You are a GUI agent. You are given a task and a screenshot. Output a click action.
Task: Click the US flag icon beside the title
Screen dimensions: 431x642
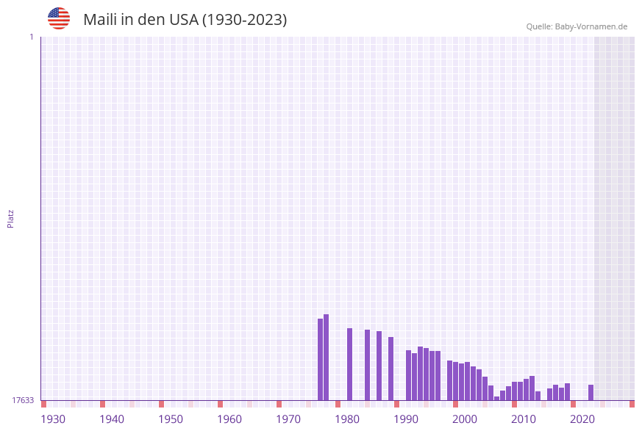point(59,18)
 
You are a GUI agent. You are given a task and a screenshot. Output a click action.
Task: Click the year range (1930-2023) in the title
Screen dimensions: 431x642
point(244,20)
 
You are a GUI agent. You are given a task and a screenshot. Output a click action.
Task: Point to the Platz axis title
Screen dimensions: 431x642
point(11,218)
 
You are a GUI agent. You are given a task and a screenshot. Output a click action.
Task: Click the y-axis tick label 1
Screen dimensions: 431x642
point(31,37)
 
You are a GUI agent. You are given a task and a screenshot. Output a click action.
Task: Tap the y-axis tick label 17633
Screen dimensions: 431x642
point(23,400)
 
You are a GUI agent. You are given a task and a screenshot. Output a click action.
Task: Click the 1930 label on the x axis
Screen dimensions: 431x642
point(53,419)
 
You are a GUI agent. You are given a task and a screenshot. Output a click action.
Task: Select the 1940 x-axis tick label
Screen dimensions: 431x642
point(112,419)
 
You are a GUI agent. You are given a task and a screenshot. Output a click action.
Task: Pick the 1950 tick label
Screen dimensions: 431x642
point(171,419)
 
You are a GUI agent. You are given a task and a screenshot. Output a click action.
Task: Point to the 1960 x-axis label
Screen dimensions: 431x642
point(229,419)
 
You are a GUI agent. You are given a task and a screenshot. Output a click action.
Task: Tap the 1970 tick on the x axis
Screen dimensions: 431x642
point(288,419)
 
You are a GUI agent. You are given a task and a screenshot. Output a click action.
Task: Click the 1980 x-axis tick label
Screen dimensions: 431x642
point(347,419)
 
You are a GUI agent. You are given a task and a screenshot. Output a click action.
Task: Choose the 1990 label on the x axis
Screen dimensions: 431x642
point(406,419)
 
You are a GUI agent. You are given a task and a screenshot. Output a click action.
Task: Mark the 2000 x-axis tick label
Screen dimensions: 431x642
point(465,419)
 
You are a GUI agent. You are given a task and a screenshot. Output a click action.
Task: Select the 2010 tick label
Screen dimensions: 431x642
point(524,419)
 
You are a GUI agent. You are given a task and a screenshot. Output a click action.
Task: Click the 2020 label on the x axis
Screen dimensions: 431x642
point(582,419)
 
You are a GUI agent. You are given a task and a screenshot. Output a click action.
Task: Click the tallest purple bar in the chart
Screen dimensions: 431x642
point(326,357)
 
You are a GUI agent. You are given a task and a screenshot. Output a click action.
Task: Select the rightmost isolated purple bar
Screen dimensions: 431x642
point(591,392)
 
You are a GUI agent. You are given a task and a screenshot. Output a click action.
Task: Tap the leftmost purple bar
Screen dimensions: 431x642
point(320,359)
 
